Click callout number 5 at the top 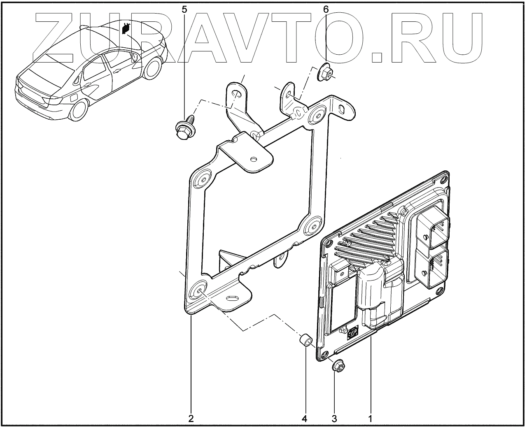[x=184, y=9]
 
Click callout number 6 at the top [x=326, y=9]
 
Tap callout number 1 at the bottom [x=370, y=418]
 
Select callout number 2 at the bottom [x=191, y=418]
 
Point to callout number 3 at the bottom [x=334, y=418]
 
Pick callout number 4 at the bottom [x=305, y=418]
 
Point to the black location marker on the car [x=126, y=29]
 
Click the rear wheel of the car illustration [x=78, y=109]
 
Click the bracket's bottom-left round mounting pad [x=198, y=290]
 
